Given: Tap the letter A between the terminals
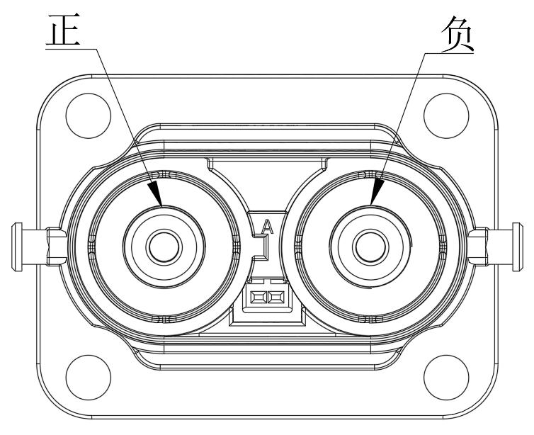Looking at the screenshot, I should pyautogui.click(x=267, y=227).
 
